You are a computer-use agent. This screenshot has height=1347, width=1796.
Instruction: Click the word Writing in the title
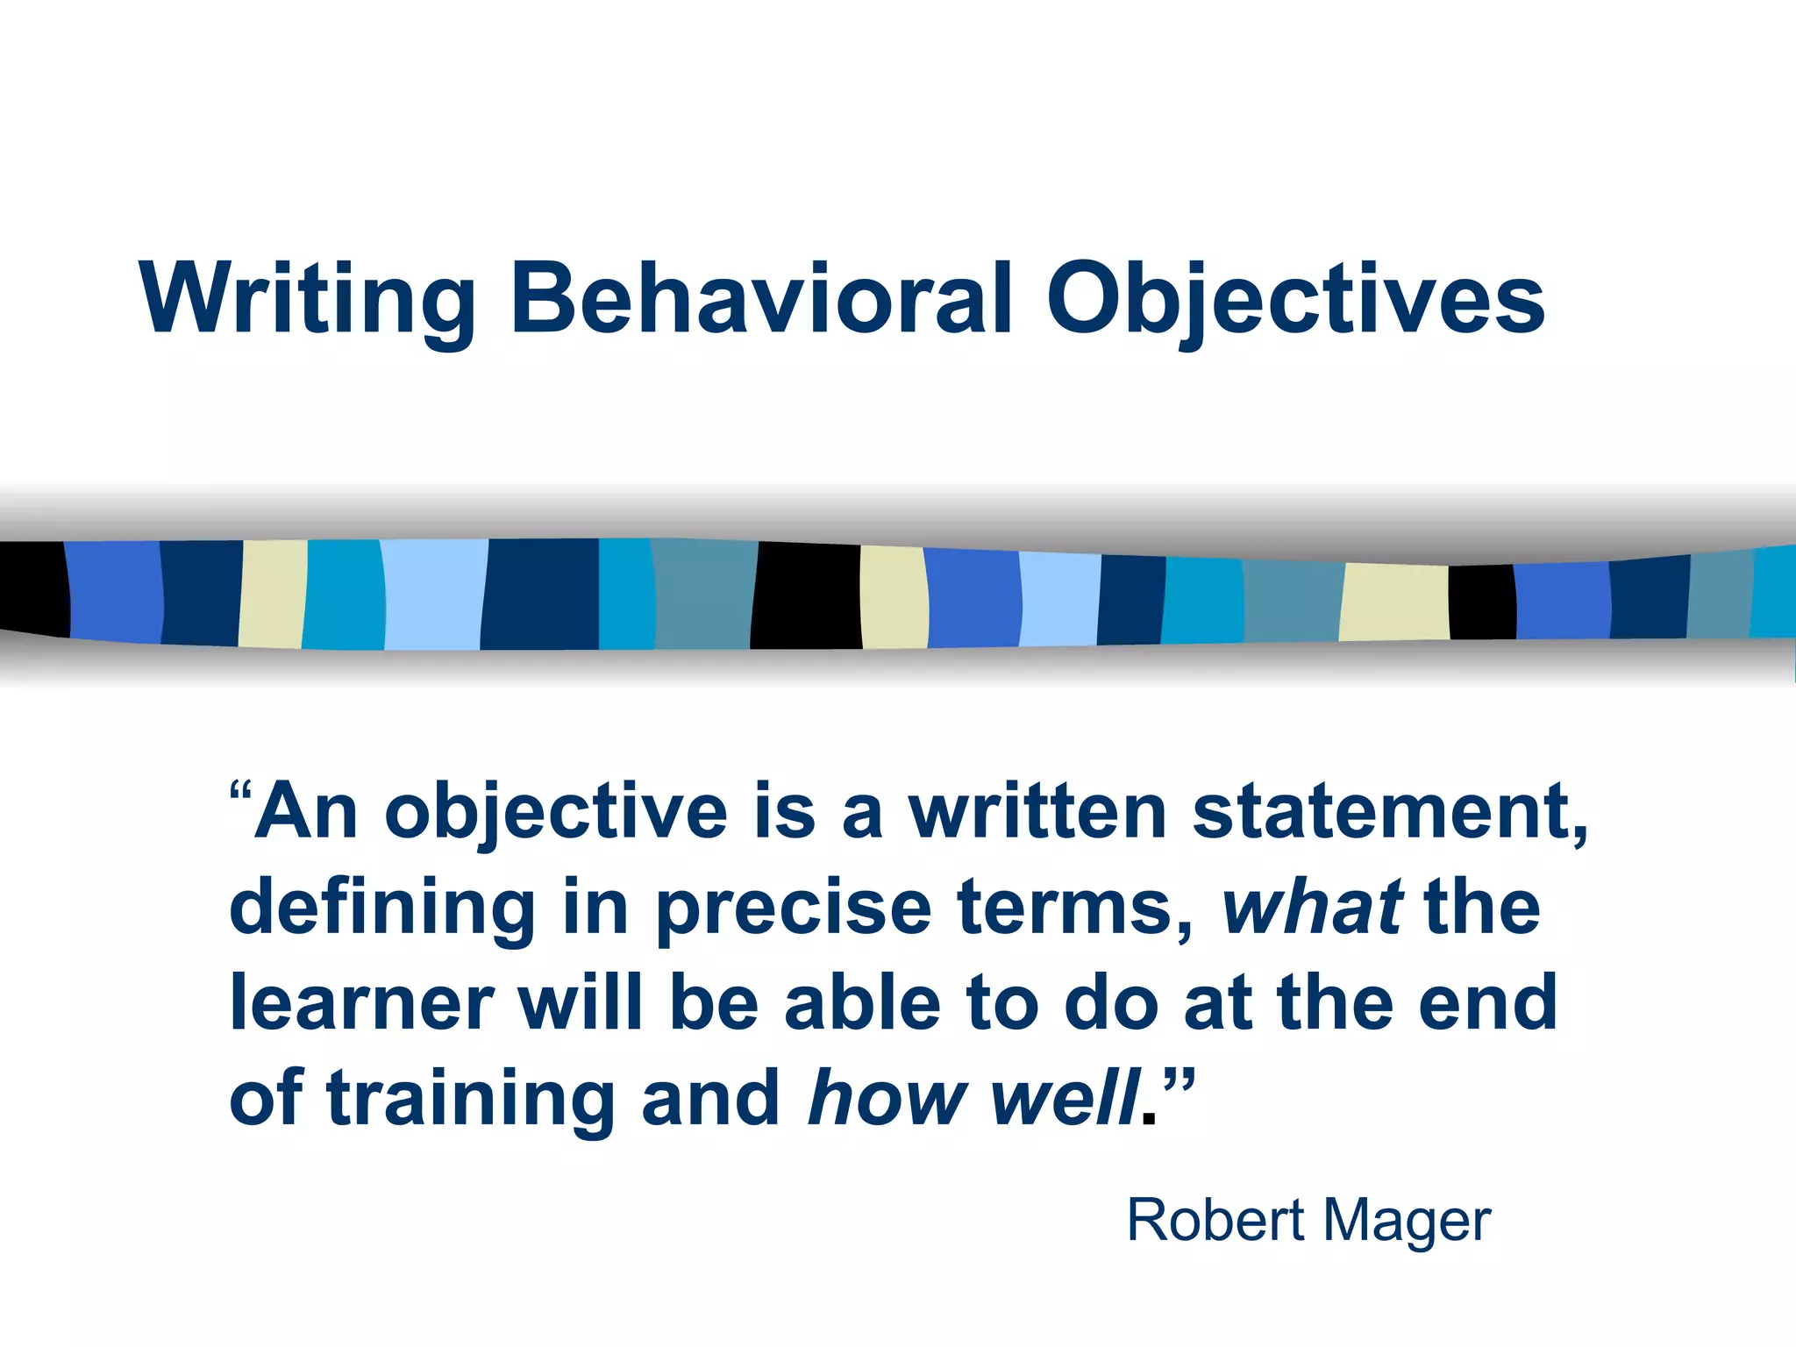307,300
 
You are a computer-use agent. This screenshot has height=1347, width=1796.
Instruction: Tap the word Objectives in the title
1295,300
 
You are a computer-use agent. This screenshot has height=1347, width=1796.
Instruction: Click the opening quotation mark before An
240,795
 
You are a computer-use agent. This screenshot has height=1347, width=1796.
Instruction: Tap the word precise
794,909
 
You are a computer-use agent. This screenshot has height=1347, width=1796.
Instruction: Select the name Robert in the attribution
1215,1220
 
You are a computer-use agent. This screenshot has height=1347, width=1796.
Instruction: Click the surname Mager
1407,1222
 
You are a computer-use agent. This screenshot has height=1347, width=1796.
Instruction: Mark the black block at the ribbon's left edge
33,588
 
